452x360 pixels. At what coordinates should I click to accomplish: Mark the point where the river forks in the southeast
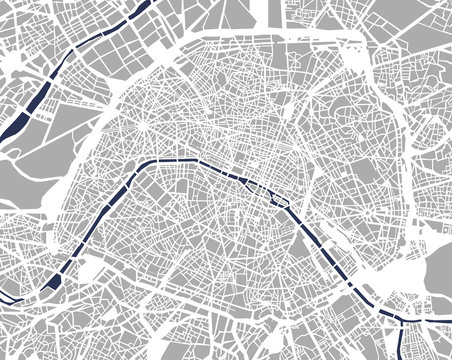coord(396,315)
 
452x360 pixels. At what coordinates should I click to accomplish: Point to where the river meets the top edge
coord(130,4)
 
